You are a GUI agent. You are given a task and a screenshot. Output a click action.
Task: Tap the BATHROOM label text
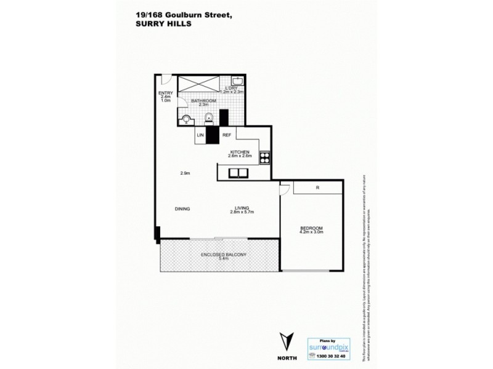pos(203,100)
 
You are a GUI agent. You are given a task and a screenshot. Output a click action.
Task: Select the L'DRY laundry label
pos(232,87)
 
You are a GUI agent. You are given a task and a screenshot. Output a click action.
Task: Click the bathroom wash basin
pos(209,118)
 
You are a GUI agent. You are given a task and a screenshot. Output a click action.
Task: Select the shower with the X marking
pos(197,84)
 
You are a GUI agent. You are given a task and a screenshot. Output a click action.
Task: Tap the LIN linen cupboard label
pos(200,135)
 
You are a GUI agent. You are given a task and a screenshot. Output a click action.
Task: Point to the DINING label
pos(182,209)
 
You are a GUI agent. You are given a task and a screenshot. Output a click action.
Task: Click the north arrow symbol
pos(285,339)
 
